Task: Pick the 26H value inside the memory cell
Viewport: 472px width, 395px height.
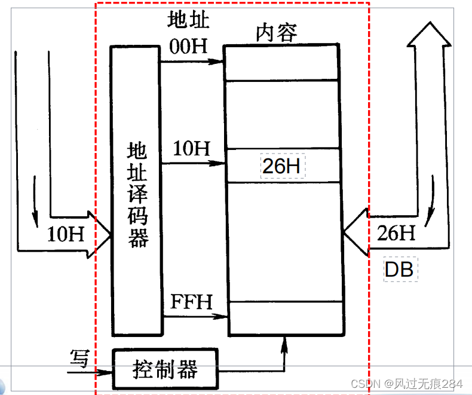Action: [281, 166]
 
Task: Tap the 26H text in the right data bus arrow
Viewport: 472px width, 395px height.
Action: [396, 232]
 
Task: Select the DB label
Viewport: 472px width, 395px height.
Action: [400, 270]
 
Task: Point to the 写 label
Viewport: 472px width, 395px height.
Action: [78, 359]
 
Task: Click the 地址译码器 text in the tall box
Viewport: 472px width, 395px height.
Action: [138, 194]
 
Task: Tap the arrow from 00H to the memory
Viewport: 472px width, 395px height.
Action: [191, 61]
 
